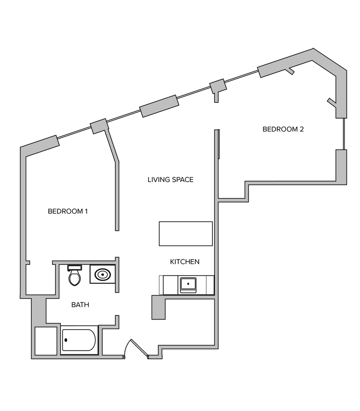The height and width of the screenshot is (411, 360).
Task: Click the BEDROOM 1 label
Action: [x=68, y=211]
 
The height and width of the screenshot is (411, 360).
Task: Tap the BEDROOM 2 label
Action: [x=283, y=130]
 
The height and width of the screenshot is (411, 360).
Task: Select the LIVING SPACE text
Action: [x=171, y=180]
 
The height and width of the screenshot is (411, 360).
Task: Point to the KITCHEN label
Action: [x=185, y=262]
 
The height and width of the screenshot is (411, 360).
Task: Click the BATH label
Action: [x=80, y=305]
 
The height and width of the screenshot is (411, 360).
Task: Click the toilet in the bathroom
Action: [x=75, y=276]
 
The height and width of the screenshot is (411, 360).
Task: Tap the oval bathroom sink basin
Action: [x=102, y=275]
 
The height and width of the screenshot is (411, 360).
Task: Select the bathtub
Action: [x=79, y=340]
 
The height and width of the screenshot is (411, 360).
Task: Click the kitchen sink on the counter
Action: [x=188, y=284]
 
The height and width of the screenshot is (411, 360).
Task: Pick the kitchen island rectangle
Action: [x=186, y=234]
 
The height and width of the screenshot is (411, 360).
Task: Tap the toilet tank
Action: [x=75, y=267]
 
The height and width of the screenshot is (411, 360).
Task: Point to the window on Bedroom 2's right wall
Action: [x=344, y=133]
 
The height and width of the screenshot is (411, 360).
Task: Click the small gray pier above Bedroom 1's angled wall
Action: [x=99, y=126]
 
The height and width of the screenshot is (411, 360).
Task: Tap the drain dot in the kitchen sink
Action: [x=188, y=283]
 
